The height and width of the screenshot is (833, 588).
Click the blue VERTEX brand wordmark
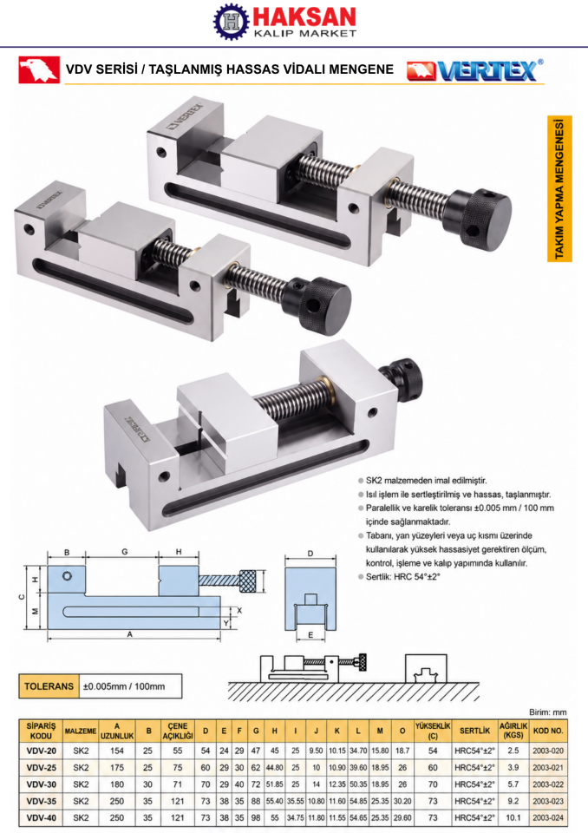pos(487,70)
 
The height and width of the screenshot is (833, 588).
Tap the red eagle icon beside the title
pos(39,69)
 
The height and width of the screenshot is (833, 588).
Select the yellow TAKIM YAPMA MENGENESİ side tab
pos(559,188)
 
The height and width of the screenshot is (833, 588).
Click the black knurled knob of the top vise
pos(485,220)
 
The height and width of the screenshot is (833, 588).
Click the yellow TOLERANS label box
pos(49,685)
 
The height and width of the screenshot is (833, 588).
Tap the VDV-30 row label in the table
pos(41,784)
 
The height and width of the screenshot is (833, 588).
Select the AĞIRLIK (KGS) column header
pos(513,731)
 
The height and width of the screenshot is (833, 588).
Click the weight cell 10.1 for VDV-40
pos(513,817)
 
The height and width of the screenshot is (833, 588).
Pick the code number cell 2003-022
pos(547,784)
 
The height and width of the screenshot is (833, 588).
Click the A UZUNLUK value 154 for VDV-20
pos(117,751)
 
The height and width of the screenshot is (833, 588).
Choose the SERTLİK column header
pos(474,731)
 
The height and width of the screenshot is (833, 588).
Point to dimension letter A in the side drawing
pos(129,634)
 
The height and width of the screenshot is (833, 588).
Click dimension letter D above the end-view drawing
pos(310,554)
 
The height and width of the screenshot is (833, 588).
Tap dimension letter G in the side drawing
pos(124,552)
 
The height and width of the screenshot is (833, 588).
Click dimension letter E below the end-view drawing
pos(310,635)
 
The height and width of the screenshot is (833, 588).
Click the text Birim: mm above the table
pos(547,712)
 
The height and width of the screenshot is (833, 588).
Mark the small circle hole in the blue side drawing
pos(67,576)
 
